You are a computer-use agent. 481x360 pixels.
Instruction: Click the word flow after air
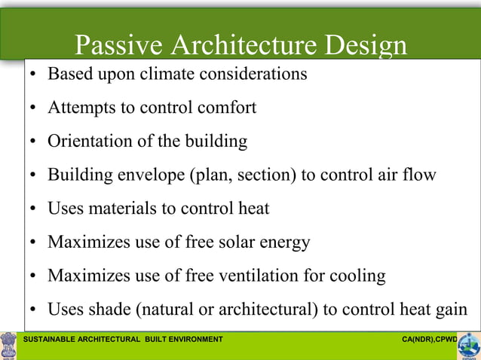click(421, 175)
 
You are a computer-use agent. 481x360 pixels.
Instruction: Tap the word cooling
click(357, 276)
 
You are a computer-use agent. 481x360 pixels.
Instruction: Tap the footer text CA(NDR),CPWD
click(429, 340)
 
